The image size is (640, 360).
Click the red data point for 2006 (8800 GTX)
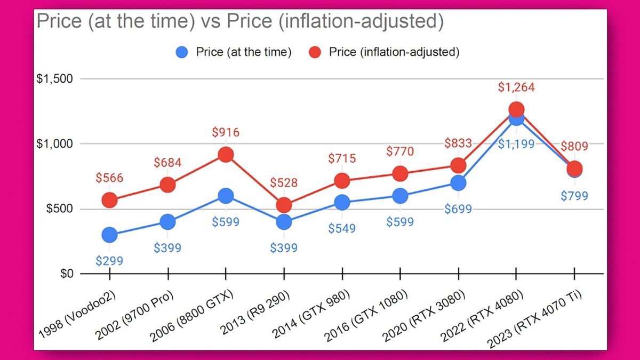coord(226,155)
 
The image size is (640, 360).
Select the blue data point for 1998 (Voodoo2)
coord(109,235)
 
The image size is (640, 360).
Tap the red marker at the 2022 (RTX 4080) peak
coord(516,109)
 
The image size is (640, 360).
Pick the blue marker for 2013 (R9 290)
coord(284,221)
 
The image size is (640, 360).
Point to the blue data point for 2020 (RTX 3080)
coord(458,183)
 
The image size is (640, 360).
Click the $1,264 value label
coord(516,87)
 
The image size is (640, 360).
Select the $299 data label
coord(109,261)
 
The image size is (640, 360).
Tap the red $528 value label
coord(284,183)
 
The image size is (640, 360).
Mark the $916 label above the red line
coord(226,132)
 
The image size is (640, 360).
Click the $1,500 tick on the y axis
coord(54,79)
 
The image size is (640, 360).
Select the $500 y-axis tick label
coord(59,209)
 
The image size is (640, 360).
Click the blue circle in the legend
coord(182,52)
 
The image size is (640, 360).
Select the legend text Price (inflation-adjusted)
coord(394,52)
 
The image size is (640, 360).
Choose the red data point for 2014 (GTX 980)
coord(342,181)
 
